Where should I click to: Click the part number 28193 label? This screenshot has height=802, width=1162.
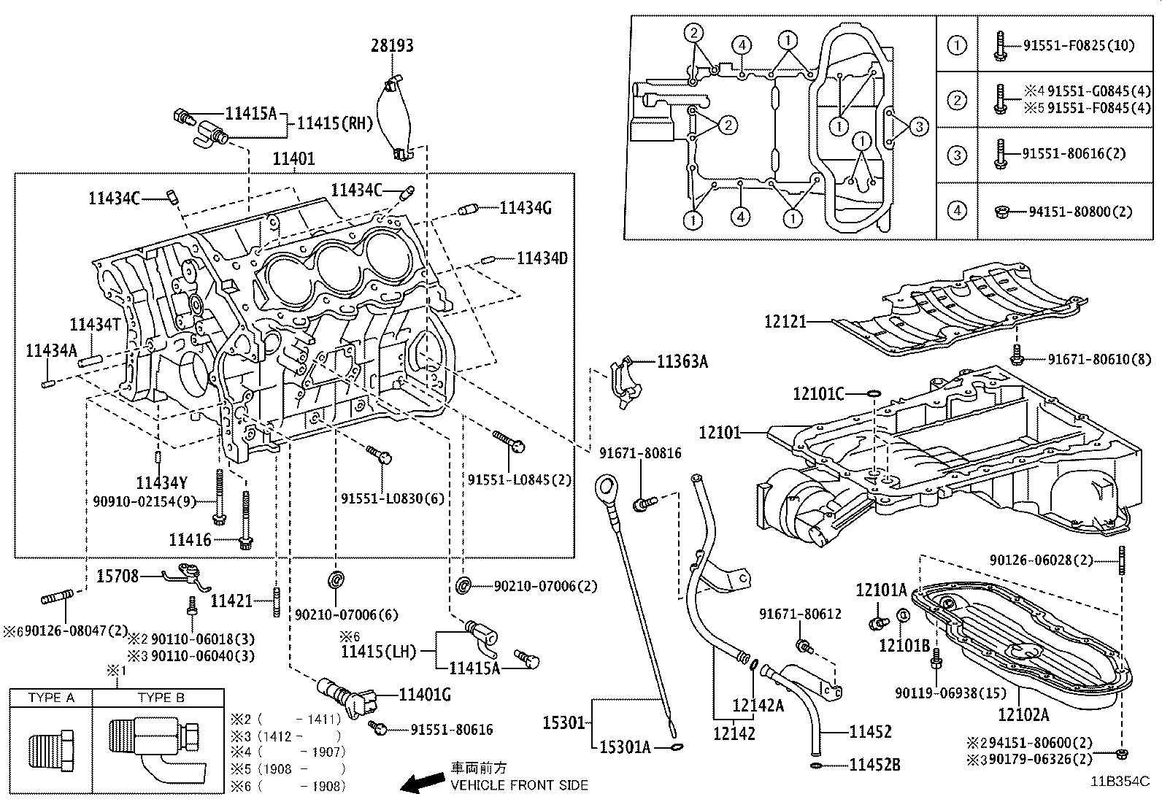[x=392, y=45]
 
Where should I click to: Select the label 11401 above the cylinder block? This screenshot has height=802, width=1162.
[x=293, y=158]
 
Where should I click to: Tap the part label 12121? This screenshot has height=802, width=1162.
[x=785, y=321]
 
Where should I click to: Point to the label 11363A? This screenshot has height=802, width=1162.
[x=682, y=360]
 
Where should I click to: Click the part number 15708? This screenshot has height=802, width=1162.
[x=118, y=577]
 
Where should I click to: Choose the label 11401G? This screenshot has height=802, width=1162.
[x=425, y=695]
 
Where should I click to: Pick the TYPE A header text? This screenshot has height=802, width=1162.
[x=51, y=698]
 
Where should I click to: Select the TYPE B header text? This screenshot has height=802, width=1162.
[x=161, y=698]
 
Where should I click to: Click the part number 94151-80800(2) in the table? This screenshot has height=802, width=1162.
[x=1080, y=212]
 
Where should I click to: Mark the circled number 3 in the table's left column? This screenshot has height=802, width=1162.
[x=956, y=155]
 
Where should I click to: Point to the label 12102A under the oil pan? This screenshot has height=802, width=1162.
[x=1023, y=714]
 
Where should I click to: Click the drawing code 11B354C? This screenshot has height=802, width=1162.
[x=1120, y=780]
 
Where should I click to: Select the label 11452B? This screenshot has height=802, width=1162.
[x=874, y=765]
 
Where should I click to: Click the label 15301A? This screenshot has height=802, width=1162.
[x=625, y=747]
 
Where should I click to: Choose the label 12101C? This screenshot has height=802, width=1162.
[x=818, y=394]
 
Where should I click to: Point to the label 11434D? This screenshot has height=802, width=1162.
[x=542, y=258]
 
